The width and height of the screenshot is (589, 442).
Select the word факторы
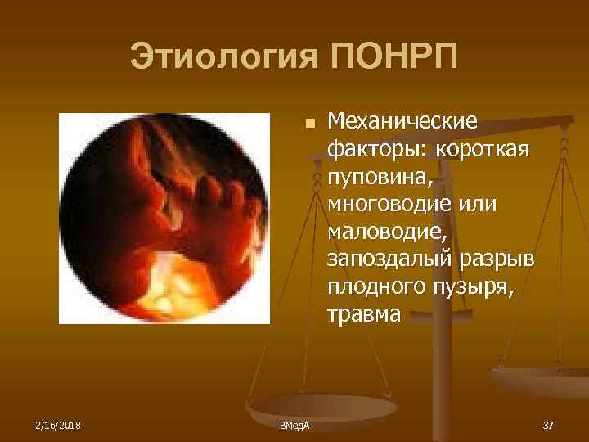[379, 151]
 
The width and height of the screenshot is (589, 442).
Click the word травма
[365, 315]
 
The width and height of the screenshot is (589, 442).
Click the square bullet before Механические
[308, 123]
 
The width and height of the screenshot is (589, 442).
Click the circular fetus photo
[164, 219]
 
